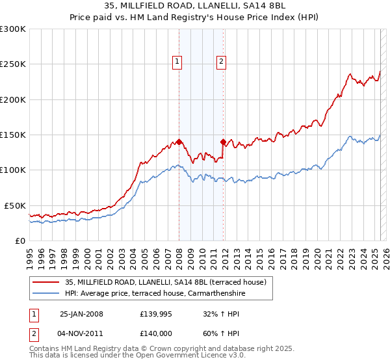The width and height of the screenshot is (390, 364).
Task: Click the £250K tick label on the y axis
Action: pos(13,64)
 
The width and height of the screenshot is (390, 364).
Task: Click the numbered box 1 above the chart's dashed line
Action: pos(177,62)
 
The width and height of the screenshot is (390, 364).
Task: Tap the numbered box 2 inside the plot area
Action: pos(221,62)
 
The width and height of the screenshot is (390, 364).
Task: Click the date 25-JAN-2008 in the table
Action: pos(81,314)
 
